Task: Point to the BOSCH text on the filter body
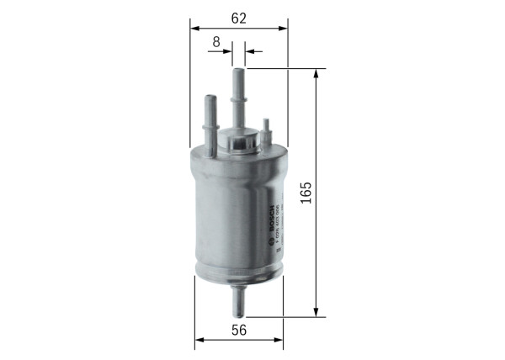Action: pos(270,217)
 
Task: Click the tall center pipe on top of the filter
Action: pos(238,97)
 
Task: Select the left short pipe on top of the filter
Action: pos(209,117)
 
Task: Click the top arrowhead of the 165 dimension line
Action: pos(316,75)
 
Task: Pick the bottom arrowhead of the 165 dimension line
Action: pos(316,313)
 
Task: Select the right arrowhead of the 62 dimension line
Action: pos(283,29)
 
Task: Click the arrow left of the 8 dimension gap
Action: pos(226,52)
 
